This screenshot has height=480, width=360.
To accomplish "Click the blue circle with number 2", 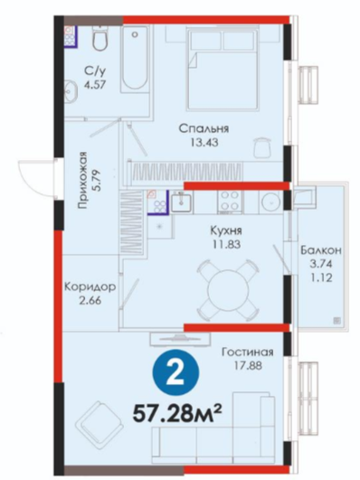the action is click(176, 373).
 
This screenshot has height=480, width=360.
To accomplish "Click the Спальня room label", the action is click(204, 128).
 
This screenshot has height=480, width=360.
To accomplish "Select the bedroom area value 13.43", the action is click(204, 142).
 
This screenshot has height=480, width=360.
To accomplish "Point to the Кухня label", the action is click(226, 231).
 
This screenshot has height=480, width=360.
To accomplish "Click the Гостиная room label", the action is click(247, 352).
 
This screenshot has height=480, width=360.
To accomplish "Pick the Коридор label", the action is click(90, 287).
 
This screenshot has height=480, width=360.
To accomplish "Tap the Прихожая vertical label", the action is click(82, 180).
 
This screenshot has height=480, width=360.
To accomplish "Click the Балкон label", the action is click(321, 250).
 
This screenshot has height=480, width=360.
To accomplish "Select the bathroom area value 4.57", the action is click(95, 84).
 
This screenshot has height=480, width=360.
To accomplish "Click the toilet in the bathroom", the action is click(100, 39).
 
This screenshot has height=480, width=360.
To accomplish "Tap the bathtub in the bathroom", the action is click(135, 58).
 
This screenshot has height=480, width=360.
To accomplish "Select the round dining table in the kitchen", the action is click(229, 289).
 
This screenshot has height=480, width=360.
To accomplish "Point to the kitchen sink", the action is click(181, 201).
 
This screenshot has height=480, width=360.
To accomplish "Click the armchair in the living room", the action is click(99, 423).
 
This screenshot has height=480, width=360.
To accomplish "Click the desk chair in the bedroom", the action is click(263, 146).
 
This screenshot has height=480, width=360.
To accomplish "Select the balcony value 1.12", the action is click(321, 278).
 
